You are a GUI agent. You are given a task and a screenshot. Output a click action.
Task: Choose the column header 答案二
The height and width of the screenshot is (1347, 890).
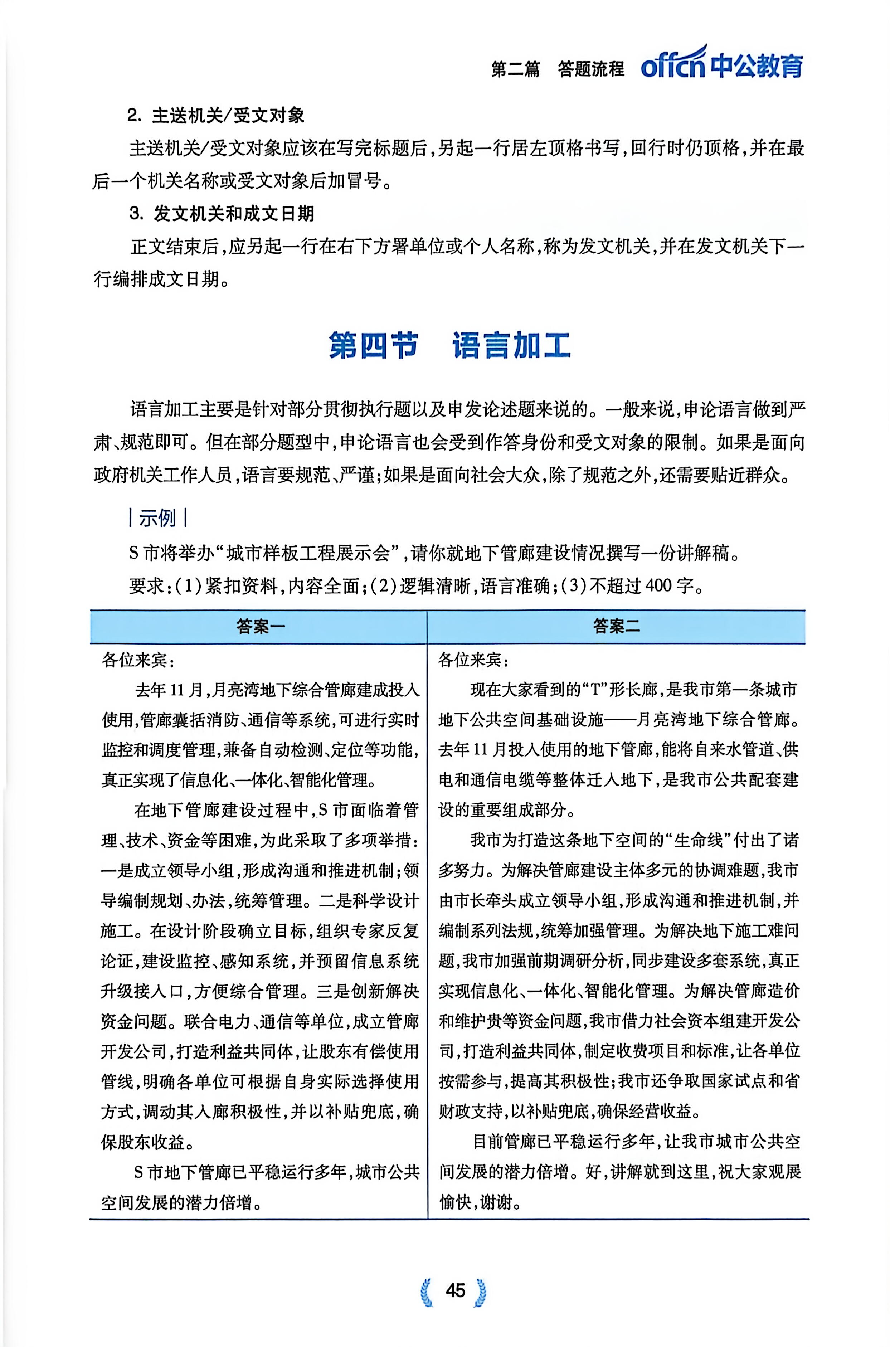point(617,626)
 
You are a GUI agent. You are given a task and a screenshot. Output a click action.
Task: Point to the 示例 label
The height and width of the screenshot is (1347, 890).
point(157,518)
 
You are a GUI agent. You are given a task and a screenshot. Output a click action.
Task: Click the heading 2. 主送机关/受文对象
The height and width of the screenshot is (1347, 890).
point(216,116)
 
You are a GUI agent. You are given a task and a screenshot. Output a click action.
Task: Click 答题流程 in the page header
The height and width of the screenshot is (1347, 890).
point(591,69)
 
